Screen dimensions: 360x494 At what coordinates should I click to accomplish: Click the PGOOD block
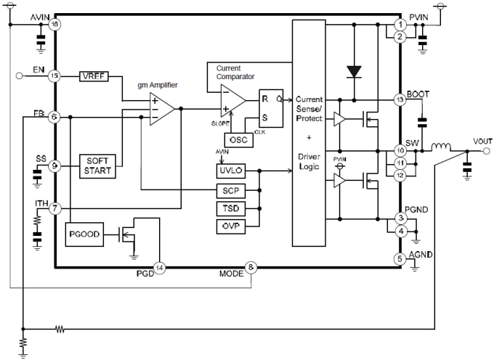(x=84, y=234)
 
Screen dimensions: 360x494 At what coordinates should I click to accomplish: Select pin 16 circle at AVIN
(x=54, y=24)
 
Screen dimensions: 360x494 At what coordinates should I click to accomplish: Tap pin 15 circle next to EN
(x=54, y=75)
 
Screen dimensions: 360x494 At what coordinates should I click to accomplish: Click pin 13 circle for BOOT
(x=399, y=99)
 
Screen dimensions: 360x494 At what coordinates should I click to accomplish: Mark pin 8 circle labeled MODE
(x=251, y=267)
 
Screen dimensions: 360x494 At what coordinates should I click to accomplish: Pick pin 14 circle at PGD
(x=160, y=267)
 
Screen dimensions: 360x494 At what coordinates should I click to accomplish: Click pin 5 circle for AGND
(x=399, y=258)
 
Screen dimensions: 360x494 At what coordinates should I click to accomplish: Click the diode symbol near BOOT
(x=354, y=71)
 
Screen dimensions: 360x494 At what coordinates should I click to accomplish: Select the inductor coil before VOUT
(x=440, y=150)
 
